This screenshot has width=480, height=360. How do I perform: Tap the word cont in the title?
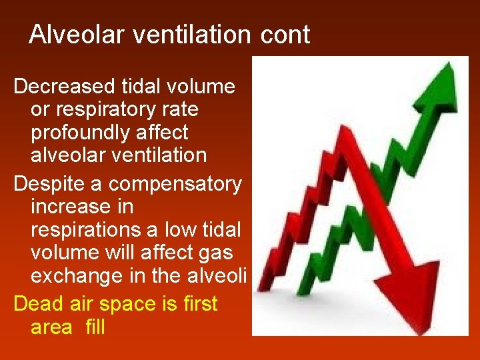click(285, 35)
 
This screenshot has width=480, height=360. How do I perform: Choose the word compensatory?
click(175, 184)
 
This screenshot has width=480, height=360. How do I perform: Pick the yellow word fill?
click(95, 327)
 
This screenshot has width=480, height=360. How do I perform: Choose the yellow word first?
click(199, 304)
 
